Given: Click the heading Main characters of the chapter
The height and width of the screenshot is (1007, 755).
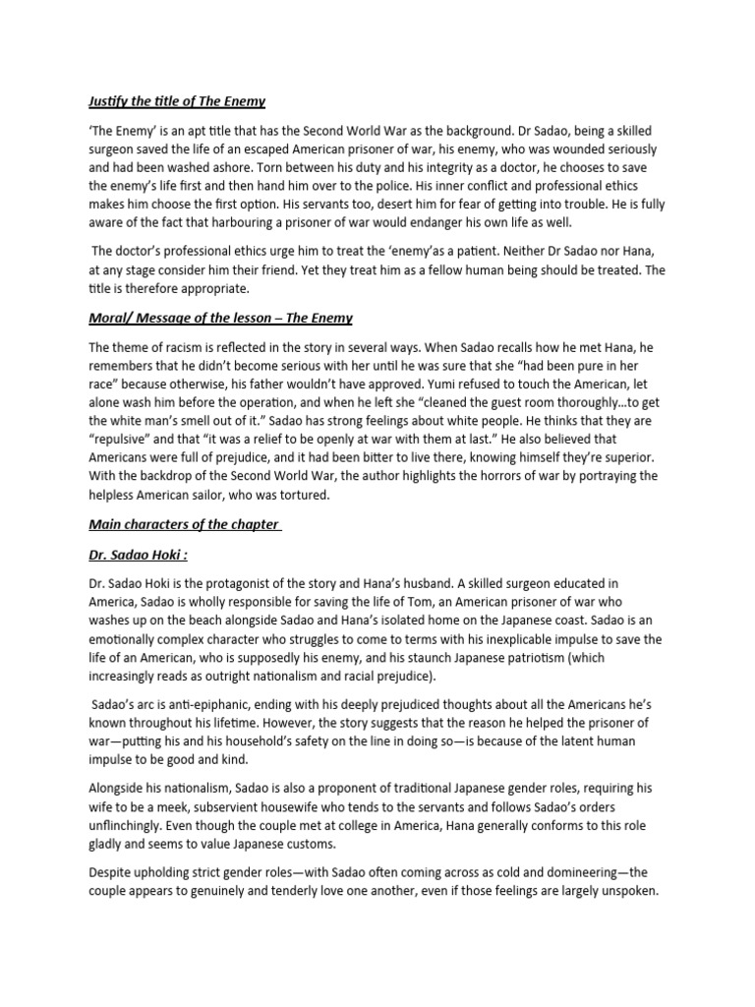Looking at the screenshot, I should click(x=184, y=524).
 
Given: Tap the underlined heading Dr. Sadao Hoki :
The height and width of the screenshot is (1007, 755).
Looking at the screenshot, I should click(x=140, y=555).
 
